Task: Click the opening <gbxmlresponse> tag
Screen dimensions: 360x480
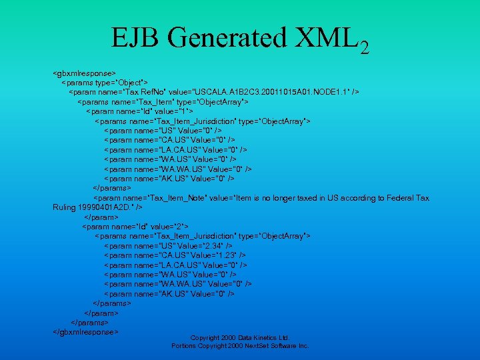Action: click(x=85, y=72)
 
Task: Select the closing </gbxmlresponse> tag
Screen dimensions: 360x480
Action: click(x=86, y=331)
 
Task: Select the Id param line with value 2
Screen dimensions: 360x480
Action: click(x=135, y=227)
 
